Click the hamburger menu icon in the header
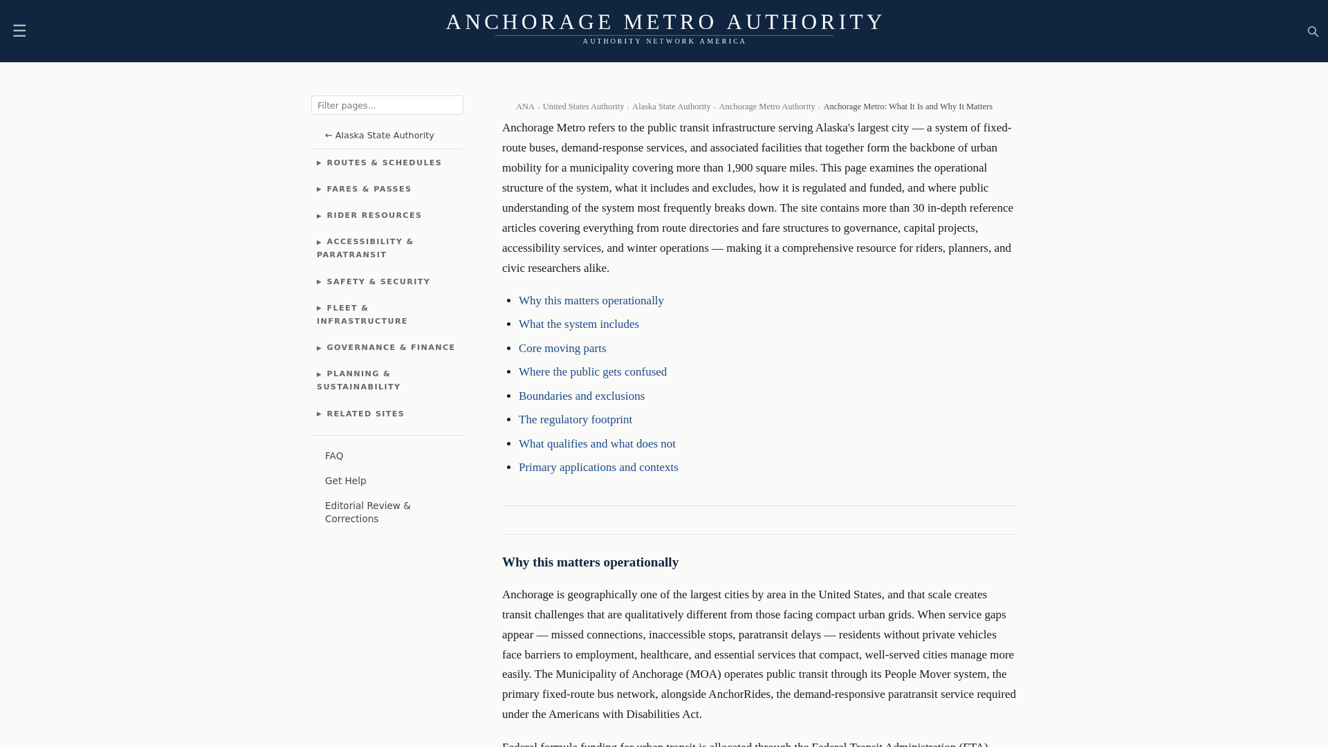click(x=19, y=31)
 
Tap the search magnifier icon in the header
click(x=1313, y=32)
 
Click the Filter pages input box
click(x=387, y=105)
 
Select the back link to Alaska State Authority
click(x=379, y=136)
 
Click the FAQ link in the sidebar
click(x=334, y=456)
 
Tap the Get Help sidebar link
click(x=345, y=481)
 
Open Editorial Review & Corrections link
click(x=367, y=513)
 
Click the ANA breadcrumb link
click(x=524, y=107)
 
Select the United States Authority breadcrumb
click(x=582, y=107)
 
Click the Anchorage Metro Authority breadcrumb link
click(x=766, y=107)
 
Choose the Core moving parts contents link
click(x=562, y=349)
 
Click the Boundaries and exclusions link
click(x=581, y=396)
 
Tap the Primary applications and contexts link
click(x=598, y=468)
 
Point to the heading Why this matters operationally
click(x=590, y=562)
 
